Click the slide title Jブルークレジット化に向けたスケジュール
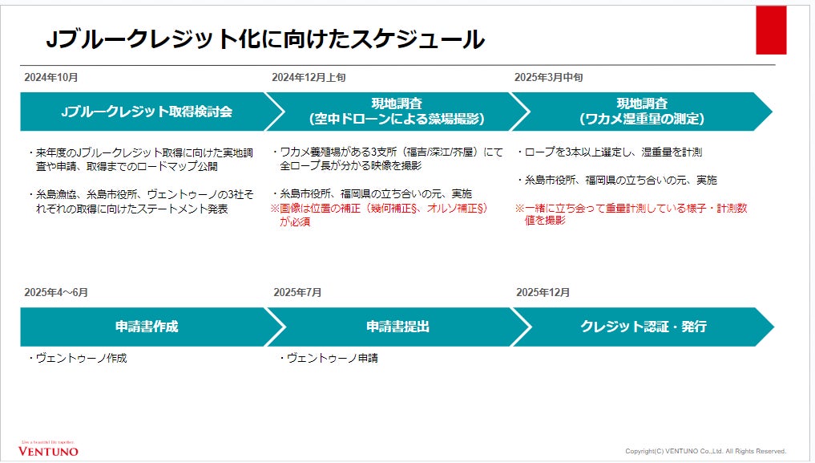click(x=264, y=39)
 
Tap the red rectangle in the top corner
click(x=771, y=30)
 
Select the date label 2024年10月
click(x=51, y=78)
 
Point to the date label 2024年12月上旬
click(x=309, y=78)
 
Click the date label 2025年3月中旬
click(x=548, y=78)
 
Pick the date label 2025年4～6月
click(x=56, y=292)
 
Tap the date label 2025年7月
click(x=297, y=292)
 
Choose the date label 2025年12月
click(x=543, y=292)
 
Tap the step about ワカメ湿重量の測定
click(x=641, y=112)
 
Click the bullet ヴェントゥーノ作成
click(x=77, y=359)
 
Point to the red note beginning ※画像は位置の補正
click(x=381, y=214)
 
